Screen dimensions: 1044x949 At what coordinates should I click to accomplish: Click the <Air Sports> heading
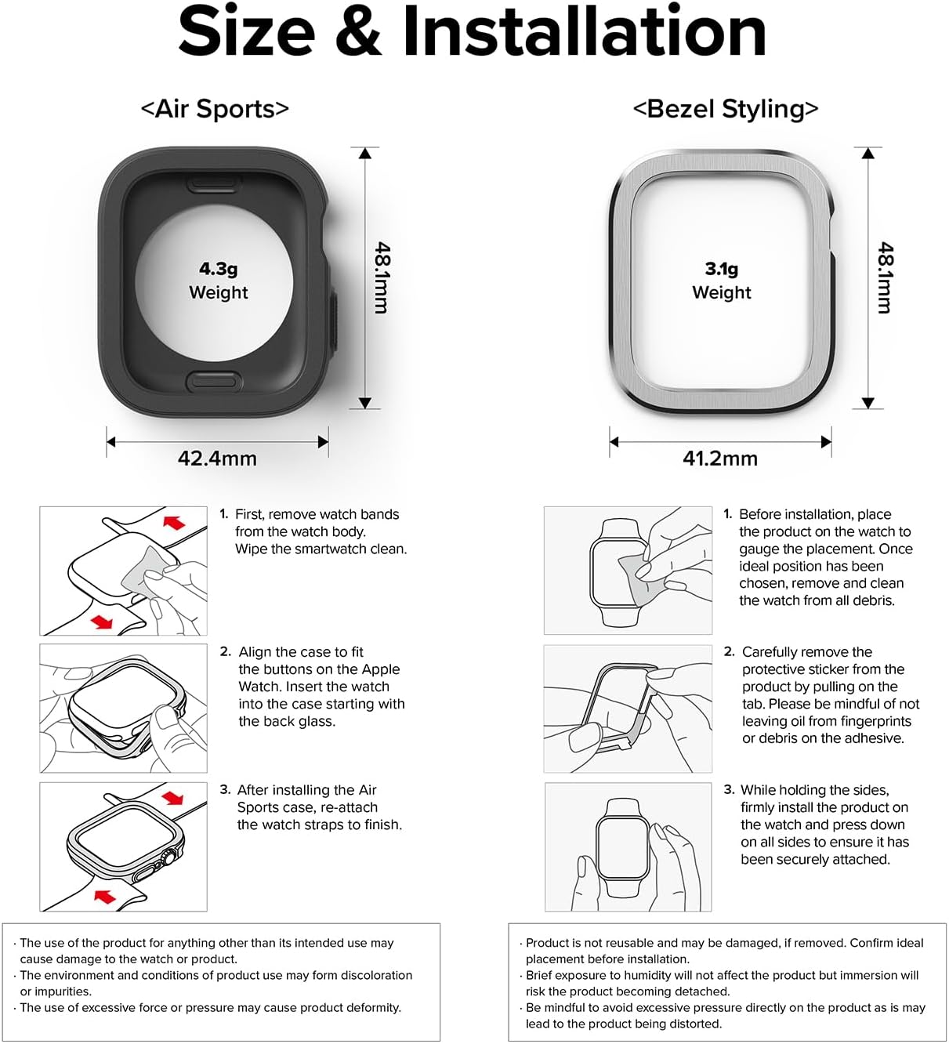[215, 108]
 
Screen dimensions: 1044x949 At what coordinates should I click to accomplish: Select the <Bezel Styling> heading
[725, 108]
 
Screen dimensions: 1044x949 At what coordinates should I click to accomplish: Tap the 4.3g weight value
[218, 269]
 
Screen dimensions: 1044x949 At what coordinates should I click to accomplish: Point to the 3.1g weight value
[721, 269]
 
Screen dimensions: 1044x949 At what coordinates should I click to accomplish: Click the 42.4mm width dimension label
[217, 459]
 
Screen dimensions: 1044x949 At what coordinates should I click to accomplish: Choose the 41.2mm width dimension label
[719, 459]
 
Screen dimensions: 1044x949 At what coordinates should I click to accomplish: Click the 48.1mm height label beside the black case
[382, 277]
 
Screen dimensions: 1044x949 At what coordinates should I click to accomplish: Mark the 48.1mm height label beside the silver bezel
[885, 277]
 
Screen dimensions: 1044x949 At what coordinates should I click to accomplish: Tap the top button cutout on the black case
[212, 183]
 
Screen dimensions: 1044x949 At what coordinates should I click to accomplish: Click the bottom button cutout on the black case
[212, 381]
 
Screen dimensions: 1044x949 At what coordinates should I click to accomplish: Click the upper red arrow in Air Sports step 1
[174, 521]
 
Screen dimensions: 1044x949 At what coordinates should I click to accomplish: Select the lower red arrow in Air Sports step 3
[105, 895]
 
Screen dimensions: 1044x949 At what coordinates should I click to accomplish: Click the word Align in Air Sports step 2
[255, 652]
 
